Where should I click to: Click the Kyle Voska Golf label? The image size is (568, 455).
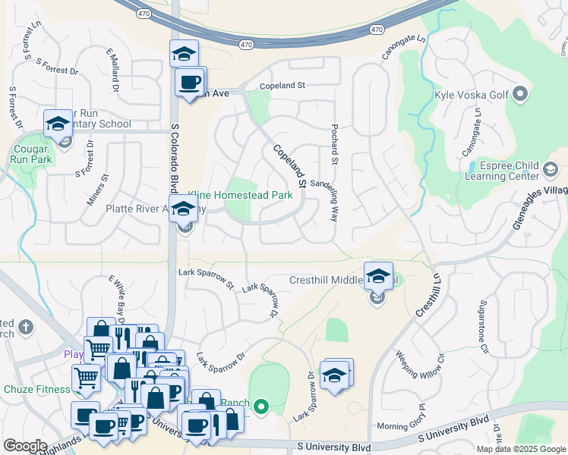(x=472, y=96)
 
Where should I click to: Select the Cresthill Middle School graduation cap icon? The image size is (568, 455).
(x=377, y=278)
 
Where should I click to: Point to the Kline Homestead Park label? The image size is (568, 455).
(x=240, y=195)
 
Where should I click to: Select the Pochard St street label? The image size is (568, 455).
(x=334, y=145)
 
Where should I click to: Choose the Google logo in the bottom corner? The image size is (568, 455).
(x=25, y=446)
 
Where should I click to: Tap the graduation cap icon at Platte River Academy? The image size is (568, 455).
(x=183, y=209)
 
